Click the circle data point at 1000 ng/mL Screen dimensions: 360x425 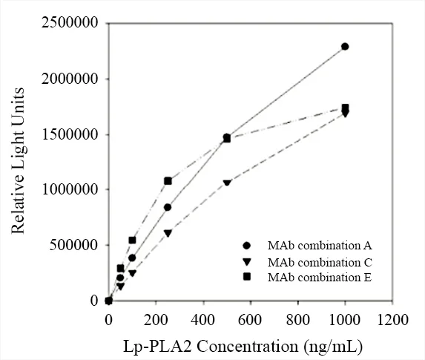[x=345, y=47]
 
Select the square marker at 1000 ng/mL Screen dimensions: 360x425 [x=345, y=108]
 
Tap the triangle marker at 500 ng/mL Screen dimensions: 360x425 [x=227, y=183]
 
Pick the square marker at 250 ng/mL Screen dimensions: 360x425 [x=168, y=180]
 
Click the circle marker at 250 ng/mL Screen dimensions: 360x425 [x=168, y=207]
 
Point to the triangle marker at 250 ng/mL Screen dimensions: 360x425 [x=168, y=233]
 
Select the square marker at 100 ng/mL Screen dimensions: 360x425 [x=132, y=240]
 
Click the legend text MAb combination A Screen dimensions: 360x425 [x=320, y=246]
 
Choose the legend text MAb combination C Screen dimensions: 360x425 [x=320, y=262]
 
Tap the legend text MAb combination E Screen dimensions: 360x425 [x=320, y=278]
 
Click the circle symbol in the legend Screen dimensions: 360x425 [x=247, y=246]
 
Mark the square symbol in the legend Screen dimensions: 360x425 [x=247, y=278]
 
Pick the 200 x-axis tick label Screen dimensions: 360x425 [x=156, y=320]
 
